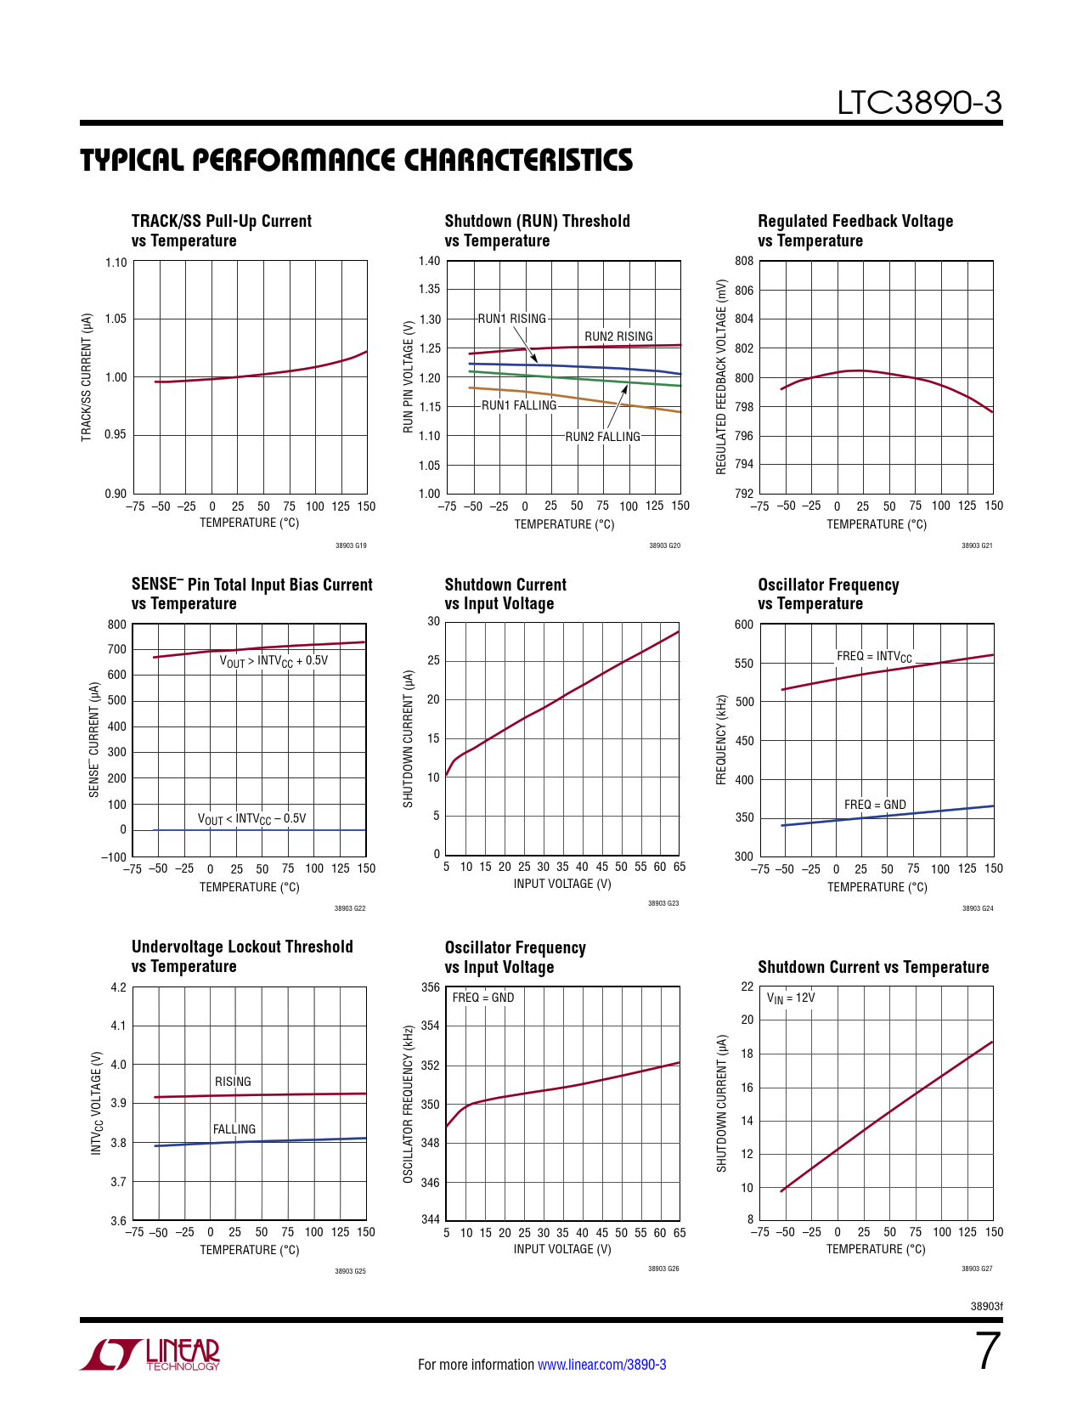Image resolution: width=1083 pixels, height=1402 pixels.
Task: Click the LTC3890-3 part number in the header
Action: pos(919,104)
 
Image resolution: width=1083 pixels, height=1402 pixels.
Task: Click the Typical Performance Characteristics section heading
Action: pos(356,161)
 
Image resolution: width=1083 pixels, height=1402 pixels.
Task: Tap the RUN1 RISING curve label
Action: pos(511,319)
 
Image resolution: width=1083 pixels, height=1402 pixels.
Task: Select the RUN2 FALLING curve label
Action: pos(602,437)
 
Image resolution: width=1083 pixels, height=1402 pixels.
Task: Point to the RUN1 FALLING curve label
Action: pos(519,405)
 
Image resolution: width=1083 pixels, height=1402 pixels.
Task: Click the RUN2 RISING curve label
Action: pos(618,336)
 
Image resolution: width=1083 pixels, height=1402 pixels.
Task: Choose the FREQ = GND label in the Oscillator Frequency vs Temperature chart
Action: pos(875,805)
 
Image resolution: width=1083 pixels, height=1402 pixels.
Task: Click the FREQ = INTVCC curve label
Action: pos(874,657)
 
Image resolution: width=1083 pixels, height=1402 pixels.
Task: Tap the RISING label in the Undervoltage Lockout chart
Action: pos(233,1082)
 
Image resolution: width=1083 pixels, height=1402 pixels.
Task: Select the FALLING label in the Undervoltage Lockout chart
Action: pos(234,1129)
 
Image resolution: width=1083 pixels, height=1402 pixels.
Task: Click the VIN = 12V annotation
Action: pos(791,998)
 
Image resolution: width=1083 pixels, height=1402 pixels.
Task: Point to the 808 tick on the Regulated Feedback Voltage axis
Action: pos(744,261)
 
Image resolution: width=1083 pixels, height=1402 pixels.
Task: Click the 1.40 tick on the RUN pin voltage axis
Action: pos(430,261)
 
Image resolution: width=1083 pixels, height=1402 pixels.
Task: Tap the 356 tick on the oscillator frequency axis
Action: pos(431,987)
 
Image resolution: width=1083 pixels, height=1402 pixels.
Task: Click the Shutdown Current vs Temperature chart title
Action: pos(873,967)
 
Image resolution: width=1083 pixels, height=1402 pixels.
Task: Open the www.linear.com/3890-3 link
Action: pos(601,1365)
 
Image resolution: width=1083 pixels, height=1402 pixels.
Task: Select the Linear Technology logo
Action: pos(150,1354)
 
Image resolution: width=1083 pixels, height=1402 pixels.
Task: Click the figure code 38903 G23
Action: pos(663,903)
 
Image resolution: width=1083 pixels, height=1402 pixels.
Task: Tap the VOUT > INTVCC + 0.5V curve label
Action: pos(274,661)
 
